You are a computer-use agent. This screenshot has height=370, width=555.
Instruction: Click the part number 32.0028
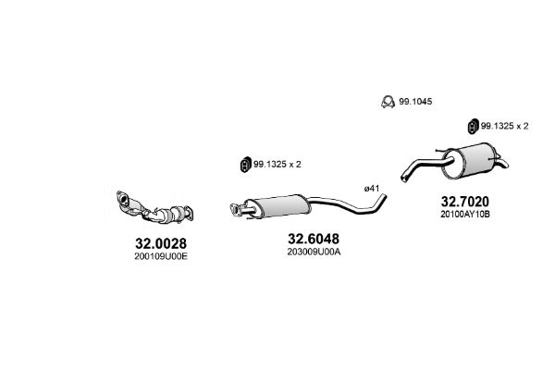click(x=161, y=243)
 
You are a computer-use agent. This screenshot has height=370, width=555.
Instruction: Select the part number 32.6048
click(x=314, y=239)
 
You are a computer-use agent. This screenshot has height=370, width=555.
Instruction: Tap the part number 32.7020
click(x=464, y=202)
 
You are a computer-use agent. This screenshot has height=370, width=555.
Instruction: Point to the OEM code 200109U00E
click(x=161, y=256)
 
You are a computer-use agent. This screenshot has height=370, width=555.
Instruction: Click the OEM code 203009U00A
click(x=314, y=252)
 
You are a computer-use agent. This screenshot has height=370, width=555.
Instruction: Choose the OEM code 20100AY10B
click(x=465, y=215)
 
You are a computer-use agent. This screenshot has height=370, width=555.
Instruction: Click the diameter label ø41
click(x=372, y=189)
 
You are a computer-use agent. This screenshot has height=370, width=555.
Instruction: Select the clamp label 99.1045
click(x=415, y=102)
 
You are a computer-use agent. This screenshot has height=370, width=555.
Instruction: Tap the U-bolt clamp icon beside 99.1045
click(x=388, y=102)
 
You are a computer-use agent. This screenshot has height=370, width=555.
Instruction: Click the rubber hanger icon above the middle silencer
click(x=245, y=165)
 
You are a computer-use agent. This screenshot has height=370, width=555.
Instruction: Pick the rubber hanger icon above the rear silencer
click(x=473, y=127)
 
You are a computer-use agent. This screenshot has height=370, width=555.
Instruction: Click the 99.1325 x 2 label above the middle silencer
click(x=277, y=165)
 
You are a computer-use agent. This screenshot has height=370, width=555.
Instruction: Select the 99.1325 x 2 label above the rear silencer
click(x=504, y=126)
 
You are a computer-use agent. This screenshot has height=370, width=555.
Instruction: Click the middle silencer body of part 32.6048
click(x=279, y=205)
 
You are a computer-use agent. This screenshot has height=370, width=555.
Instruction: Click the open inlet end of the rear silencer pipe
click(x=404, y=178)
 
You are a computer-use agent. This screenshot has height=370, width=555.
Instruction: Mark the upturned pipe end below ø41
click(x=384, y=197)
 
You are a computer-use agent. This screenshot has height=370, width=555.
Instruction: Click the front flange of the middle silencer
click(x=234, y=208)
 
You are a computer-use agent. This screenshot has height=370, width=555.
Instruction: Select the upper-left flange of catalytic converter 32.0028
click(x=122, y=198)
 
